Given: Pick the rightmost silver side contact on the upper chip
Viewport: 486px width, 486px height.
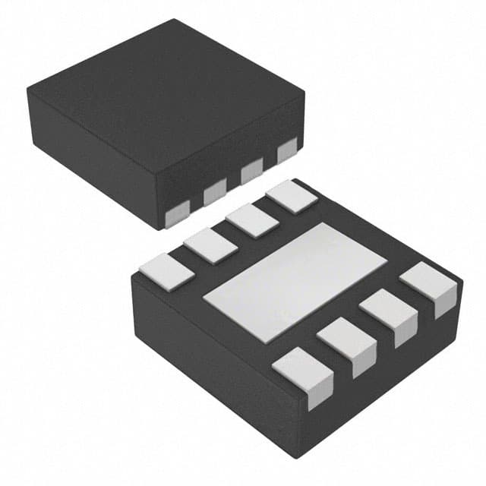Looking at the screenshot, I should coord(287,152).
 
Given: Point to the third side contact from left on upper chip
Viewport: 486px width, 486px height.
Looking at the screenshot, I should coord(251,172).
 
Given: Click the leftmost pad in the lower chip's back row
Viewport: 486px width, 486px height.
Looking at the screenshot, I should coord(166,270).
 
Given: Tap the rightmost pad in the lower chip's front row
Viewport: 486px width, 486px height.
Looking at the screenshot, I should coord(430,283).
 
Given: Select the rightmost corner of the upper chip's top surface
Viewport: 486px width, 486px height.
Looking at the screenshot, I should coord(305,93).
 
